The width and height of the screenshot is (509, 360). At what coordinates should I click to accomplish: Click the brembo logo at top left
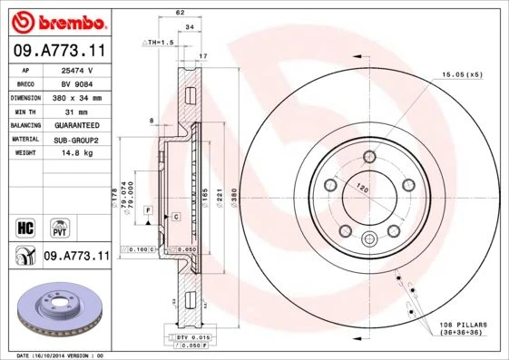point(57,19)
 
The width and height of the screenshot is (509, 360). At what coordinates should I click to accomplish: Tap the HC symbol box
point(25,226)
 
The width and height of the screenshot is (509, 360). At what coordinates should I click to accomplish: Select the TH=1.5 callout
point(159,42)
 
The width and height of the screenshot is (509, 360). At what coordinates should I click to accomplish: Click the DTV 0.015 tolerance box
point(183,337)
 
